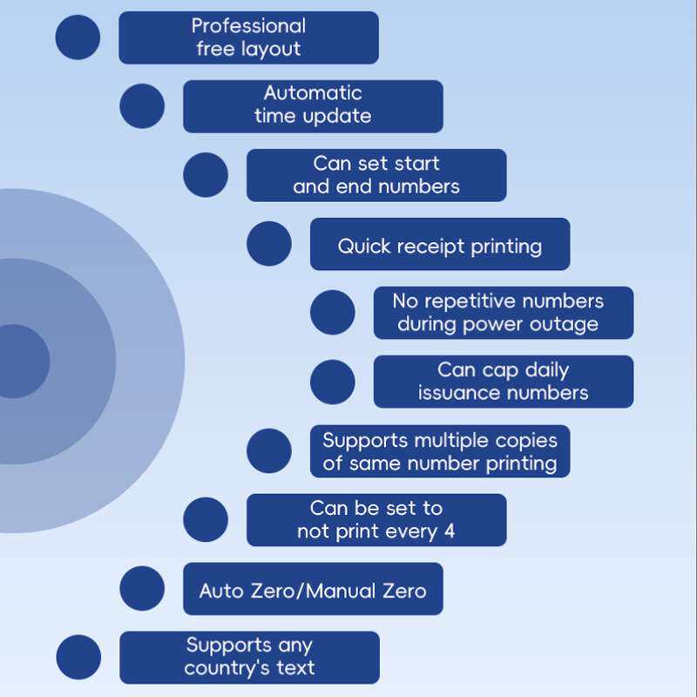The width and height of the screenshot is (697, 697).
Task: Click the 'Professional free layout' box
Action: point(248,37)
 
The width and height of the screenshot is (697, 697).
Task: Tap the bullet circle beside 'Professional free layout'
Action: point(78,37)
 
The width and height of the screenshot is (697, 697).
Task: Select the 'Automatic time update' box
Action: point(313,106)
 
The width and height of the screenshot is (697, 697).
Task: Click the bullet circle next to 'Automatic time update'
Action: point(142,106)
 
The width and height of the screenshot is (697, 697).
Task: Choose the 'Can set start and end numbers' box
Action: point(376,175)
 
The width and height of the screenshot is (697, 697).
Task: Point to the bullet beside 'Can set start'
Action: point(206,175)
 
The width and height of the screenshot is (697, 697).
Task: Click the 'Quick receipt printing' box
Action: point(440,245)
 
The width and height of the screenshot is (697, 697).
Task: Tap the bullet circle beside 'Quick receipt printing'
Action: point(269,244)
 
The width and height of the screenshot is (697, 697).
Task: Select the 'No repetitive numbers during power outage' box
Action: point(504,313)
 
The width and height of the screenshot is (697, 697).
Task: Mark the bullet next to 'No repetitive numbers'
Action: point(333,313)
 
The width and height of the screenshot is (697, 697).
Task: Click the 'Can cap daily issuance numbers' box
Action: point(504,382)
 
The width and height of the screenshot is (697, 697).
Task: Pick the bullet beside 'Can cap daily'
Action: point(333,382)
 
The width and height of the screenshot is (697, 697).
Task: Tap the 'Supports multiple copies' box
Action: point(440,451)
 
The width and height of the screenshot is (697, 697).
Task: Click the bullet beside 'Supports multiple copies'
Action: point(269,451)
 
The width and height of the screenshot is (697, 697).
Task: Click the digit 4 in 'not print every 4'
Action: point(450,531)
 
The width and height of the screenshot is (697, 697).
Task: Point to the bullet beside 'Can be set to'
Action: point(206,520)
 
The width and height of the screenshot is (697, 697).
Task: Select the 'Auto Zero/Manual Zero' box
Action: point(313,589)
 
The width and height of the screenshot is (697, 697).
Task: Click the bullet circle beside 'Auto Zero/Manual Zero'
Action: point(142,589)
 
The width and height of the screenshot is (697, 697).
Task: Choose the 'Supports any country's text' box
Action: point(249,658)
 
